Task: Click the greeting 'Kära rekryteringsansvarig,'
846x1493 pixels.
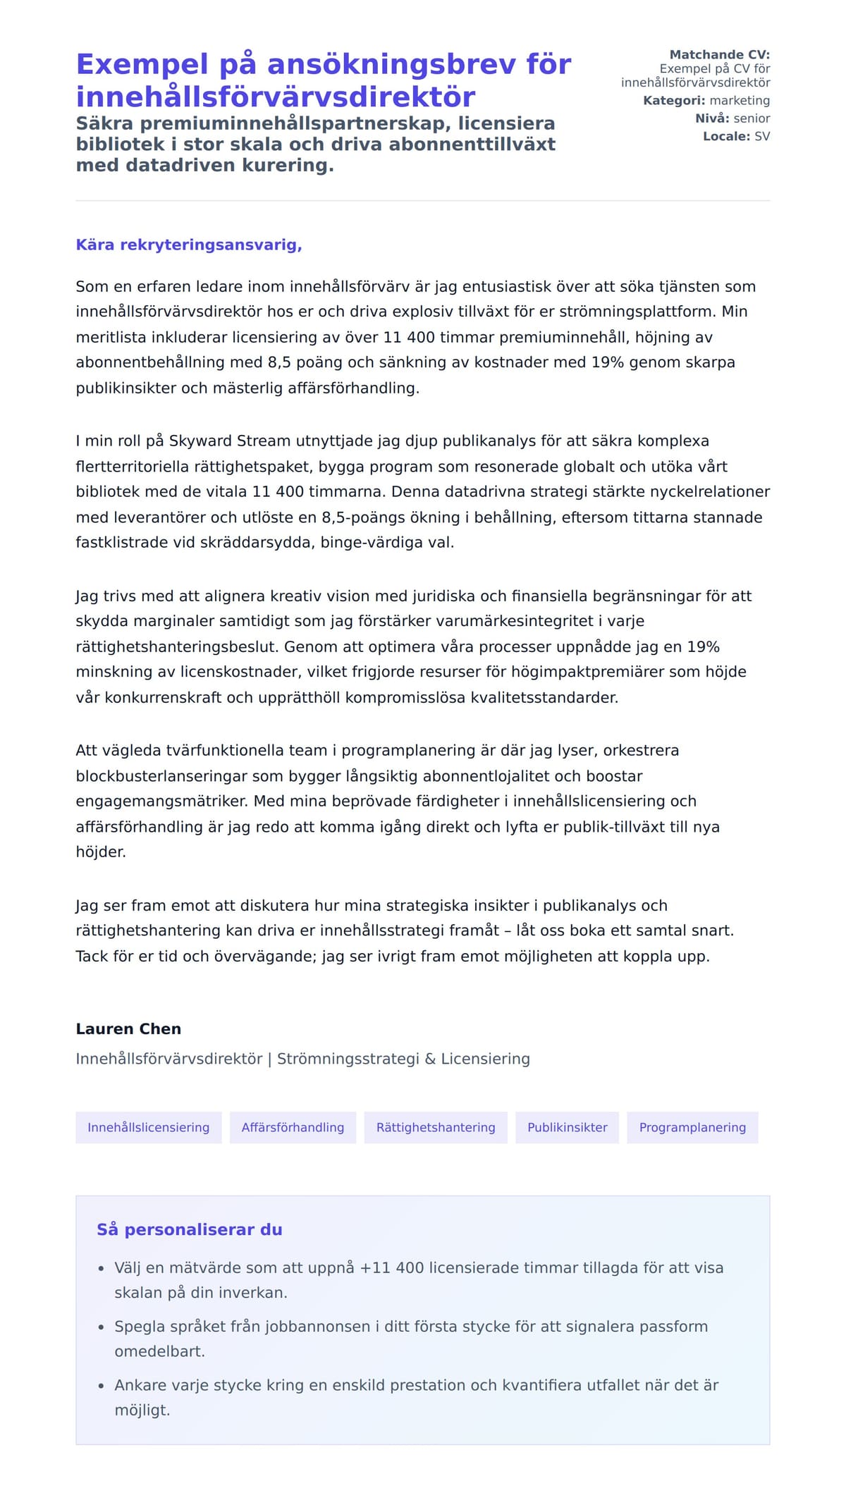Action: click(189, 245)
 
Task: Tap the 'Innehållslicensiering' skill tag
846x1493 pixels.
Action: click(148, 1127)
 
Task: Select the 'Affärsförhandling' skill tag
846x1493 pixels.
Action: click(293, 1127)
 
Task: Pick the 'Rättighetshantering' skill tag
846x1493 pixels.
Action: click(436, 1127)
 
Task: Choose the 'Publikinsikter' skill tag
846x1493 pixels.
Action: click(567, 1127)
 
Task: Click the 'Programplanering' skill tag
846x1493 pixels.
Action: click(692, 1127)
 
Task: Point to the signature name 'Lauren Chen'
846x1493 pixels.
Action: click(128, 1028)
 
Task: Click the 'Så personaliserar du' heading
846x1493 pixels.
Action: click(189, 1229)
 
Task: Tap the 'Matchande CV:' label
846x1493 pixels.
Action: click(719, 54)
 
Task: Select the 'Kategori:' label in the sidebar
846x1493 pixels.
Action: click(673, 100)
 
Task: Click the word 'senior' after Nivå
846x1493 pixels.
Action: click(752, 118)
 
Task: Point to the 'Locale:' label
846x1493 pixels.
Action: click(726, 136)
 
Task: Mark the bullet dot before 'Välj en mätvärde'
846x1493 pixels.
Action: click(102, 1269)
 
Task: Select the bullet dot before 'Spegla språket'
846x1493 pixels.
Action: click(102, 1327)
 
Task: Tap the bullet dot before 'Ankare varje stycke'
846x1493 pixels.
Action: click(102, 1386)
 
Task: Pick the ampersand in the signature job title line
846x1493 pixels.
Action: click(430, 1059)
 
